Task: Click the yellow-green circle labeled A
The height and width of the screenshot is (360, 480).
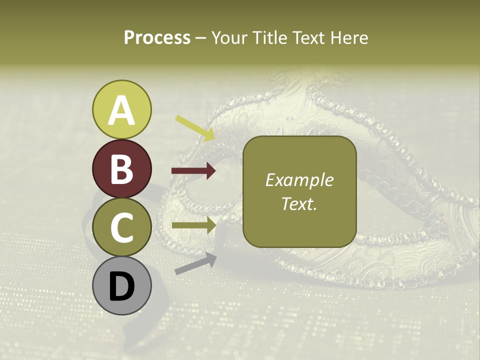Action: pos(121,109)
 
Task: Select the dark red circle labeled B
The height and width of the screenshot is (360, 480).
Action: pos(121,168)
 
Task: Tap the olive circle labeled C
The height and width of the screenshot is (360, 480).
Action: pos(121,227)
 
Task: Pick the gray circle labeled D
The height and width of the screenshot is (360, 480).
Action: pos(121,286)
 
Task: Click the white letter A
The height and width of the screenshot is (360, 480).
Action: pos(121,110)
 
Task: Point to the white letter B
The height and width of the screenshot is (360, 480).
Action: pos(121,169)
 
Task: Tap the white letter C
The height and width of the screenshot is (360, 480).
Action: pos(121,227)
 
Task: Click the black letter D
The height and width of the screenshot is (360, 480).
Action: pos(121,286)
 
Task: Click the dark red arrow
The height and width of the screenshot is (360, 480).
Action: pos(193,171)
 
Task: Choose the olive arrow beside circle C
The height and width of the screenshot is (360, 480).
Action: pos(193,225)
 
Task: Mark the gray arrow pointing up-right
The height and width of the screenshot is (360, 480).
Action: pos(195,263)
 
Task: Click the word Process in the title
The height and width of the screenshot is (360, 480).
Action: pos(157,37)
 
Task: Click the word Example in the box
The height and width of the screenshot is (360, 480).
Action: pos(299,180)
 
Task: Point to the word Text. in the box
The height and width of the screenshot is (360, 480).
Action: pos(299,203)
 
